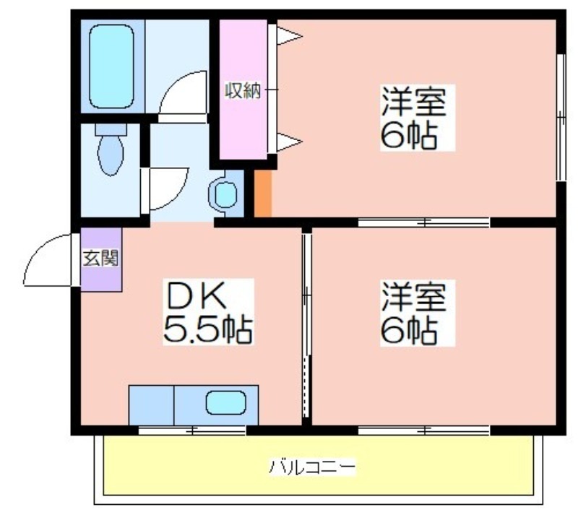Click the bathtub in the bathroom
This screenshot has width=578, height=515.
[x=111, y=66]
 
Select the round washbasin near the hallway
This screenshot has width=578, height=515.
[x=225, y=194]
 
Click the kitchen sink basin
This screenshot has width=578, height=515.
[x=225, y=402]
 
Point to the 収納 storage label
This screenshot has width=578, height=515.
[x=243, y=90]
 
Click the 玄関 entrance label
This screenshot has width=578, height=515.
[x=100, y=258]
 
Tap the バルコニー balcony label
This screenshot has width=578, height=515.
[x=312, y=467]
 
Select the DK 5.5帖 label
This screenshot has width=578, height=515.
[x=208, y=312]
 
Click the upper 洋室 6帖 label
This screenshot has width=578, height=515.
[x=418, y=118]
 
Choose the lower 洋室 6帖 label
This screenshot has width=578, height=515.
[x=418, y=313]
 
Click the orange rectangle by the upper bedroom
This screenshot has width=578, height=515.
[x=263, y=194]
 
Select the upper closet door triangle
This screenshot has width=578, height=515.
[x=290, y=37]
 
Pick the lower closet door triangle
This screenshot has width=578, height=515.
[x=290, y=142]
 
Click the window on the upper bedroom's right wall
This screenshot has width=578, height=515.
[x=561, y=117]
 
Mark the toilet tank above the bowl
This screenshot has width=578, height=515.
[x=111, y=129]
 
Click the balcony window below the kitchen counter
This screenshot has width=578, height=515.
[x=192, y=430]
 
